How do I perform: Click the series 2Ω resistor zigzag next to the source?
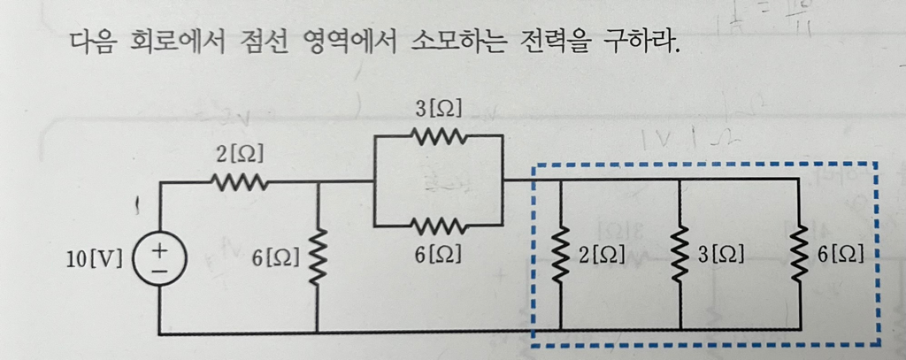pos(238,183)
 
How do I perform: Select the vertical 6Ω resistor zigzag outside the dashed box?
pos(318,257)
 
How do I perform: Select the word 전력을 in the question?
pos(555,42)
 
